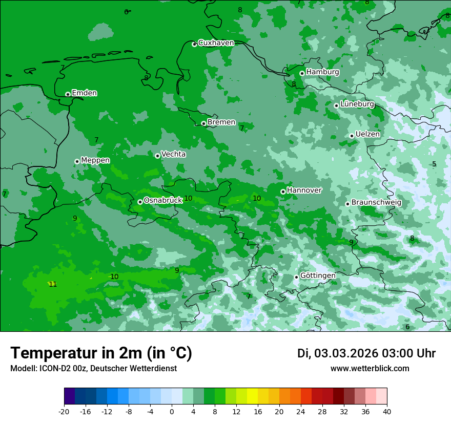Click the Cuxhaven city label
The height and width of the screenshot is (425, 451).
click(216, 43)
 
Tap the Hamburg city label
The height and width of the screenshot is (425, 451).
click(322, 72)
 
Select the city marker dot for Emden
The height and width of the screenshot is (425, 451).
click(68, 94)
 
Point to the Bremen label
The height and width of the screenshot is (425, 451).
click(221, 122)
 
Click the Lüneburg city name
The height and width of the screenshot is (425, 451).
click(357, 104)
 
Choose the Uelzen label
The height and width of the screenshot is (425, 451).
click(367, 134)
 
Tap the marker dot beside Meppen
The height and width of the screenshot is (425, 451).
click(77, 161)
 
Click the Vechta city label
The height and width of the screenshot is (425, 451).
click(173, 154)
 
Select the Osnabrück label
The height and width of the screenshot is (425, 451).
click(163, 200)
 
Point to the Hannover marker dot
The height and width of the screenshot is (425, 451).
click(283, 192)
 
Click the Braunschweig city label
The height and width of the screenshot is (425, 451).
click(376, 203)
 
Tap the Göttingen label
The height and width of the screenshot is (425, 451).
click(318, 275)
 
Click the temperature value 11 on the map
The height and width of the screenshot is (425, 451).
click(53, 284)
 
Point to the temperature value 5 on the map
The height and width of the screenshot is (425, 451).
click(434, 164)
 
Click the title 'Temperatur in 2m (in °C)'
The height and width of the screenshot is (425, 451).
click(101, 353)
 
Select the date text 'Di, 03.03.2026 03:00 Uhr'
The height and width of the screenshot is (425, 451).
click(366, 353)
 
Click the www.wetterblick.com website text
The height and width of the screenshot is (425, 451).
click(370, 369)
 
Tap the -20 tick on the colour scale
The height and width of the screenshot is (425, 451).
click(64, 412)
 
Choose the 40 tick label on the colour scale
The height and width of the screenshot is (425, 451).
click(386, 412)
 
